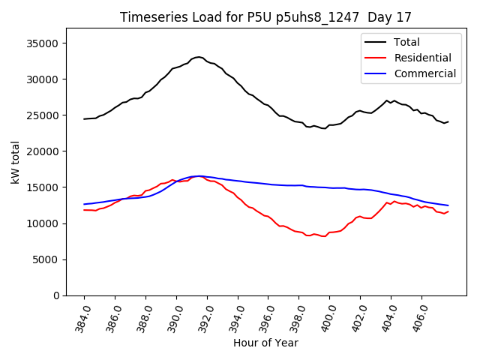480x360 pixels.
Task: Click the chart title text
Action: tap(266, 17)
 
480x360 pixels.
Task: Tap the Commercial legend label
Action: tap(424, 73)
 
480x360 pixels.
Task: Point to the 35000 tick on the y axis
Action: tap(43, 43)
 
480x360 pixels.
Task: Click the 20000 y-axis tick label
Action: tap(43, 151)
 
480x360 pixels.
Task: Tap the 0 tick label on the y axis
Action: tap(56, 295)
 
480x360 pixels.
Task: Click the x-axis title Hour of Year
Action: tap(265, 343)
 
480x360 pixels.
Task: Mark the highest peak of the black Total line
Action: tap(199, 56)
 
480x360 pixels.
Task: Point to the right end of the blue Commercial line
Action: tap(448, 205)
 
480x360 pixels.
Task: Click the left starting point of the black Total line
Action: tap(84, 118)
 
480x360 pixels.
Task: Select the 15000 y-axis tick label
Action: tap(43, 187)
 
